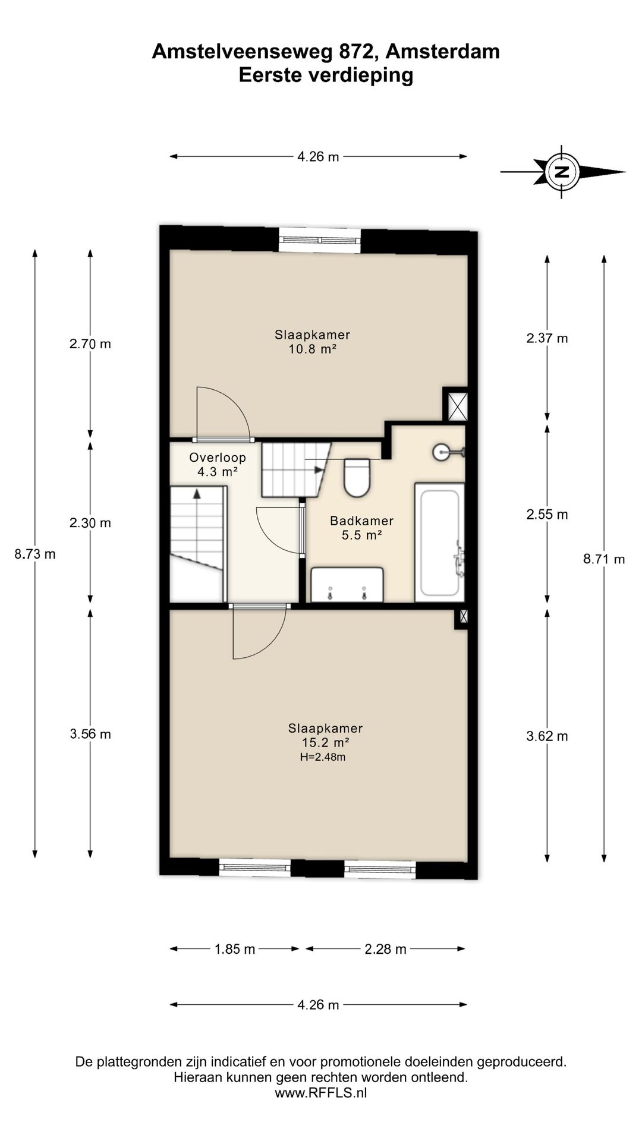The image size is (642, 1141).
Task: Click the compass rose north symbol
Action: click(562, 172)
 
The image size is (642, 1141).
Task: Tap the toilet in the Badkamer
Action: click(357, 477)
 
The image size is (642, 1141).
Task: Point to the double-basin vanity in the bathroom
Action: click(347, 585)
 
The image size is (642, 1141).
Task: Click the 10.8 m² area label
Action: click(313, 349)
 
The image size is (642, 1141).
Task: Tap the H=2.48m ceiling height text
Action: click(323, 757)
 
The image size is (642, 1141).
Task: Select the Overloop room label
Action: click(218, 457)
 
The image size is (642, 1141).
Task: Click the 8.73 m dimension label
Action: click(35, 554)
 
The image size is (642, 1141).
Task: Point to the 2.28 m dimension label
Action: click(386, 949)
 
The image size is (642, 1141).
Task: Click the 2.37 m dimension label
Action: click(547, 338)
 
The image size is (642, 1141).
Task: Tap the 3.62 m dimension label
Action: click(547, 736)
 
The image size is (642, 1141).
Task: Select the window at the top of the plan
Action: click(320, 240)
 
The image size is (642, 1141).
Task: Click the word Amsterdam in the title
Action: click(442, 52)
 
